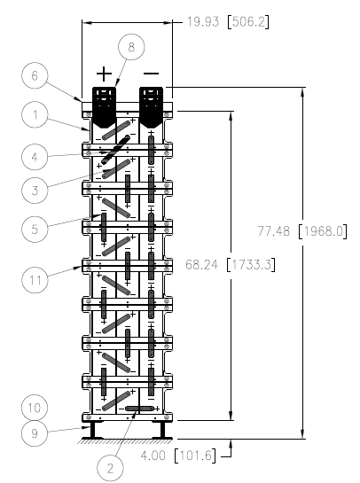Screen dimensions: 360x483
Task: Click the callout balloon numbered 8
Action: pos(131,47)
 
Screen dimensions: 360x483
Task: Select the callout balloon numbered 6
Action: pos(35,76)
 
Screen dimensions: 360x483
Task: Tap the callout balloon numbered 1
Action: pos(35,114)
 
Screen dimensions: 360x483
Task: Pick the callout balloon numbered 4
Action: pos(35,157)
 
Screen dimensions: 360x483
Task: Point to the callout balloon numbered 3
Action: pos(35,190)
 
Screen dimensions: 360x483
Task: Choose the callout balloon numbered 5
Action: pos(35,230)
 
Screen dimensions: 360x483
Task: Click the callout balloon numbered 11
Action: pos(35,280)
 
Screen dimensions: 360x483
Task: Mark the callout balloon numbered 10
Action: pos(35,408)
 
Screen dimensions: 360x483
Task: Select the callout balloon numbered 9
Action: pos(35,433)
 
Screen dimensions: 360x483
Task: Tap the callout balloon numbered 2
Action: pos(110,468)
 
